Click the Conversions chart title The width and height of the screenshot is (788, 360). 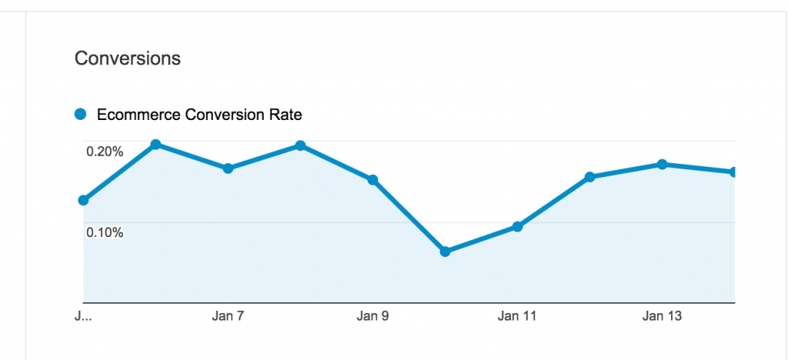(x=128, y=58)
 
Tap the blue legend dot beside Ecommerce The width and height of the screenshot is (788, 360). (x=80, y=115)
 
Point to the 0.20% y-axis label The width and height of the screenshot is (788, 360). (x=105, y=152)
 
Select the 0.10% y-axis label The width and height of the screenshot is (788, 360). (x=105, y=232)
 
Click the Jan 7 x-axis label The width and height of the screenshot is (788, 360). (x=228, y=316)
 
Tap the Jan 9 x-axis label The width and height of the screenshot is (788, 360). (x=372, y=316)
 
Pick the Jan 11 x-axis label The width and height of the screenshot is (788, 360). (x=517, y=316)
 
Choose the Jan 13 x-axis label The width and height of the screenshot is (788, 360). (x=662, y=316)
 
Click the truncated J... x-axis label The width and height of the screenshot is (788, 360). (x=82, y=316)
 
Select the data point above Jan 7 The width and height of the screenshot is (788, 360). (x=228, y=168)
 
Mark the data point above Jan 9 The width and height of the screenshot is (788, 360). (x=372, y=180)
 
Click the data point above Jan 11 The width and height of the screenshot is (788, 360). (x=517, y=227)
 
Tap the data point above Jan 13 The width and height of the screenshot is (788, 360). (x=662, y=164)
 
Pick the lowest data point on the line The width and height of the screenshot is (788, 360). (x=445, y=252)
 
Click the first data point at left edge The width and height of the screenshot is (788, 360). (x=83, y=201)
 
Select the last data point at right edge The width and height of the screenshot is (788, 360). (x=733, y=172)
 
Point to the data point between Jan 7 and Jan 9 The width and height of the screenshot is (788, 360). (x=300, y=145)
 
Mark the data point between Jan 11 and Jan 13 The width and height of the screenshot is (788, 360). (x=589, y=177)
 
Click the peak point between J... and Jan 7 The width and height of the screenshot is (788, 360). (x=155, y=144)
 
